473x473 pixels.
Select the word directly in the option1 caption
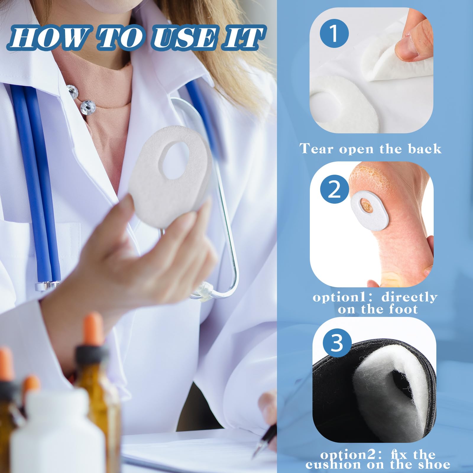(x=409, y=297)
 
